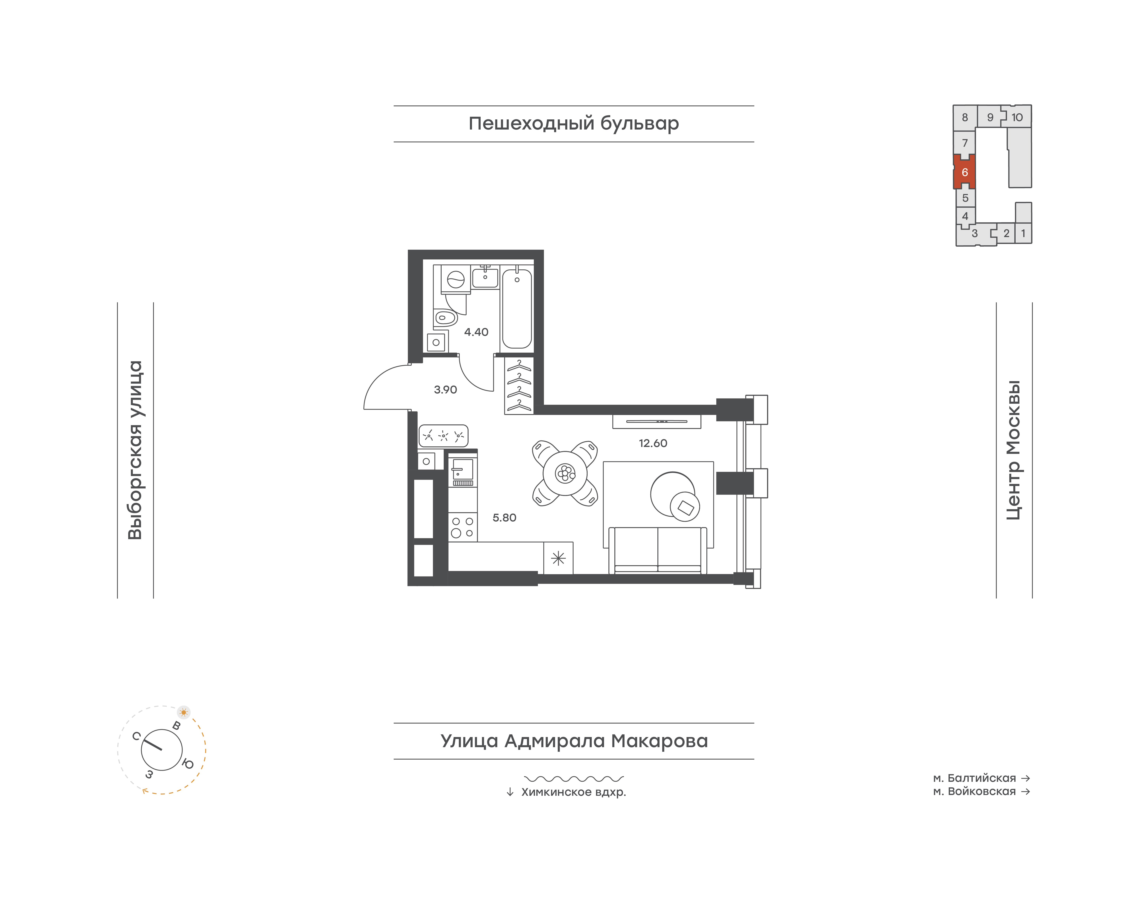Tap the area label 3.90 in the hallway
[445, 390]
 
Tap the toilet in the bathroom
[445, 318]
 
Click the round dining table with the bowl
[565, 473]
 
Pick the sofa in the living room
[657, 550]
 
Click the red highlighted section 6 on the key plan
[964, 172]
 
